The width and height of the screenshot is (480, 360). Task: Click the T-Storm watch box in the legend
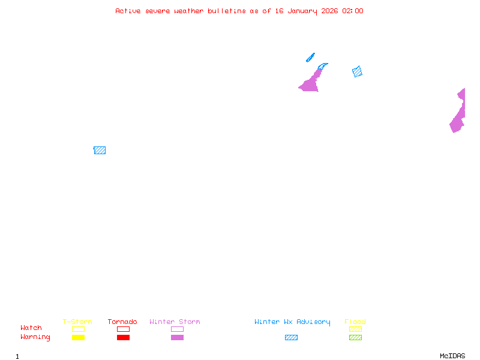point(78,329)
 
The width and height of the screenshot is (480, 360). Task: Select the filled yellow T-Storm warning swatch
point(78,337)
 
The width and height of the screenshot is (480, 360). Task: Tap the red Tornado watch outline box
point(123,329)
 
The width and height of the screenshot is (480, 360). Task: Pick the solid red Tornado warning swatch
point(123,337)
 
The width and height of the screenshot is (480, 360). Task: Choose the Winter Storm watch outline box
point(177,329)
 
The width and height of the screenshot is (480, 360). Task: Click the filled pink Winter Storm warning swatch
point(177,337)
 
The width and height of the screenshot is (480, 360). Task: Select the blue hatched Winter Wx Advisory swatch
point(291,337)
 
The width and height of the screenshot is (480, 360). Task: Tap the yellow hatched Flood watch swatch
point(355,329)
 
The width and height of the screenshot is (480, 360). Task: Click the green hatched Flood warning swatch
point(355,337)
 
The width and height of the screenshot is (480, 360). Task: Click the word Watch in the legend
point(31,328)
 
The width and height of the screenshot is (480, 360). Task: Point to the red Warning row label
point(35,337)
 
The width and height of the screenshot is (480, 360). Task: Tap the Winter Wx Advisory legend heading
point(292,322)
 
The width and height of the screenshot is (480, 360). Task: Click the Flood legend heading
point(355,322)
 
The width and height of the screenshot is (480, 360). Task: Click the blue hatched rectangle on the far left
point(100,150)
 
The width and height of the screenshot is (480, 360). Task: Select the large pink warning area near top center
point(310,83)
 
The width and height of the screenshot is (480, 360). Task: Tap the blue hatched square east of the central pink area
point(357,72)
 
